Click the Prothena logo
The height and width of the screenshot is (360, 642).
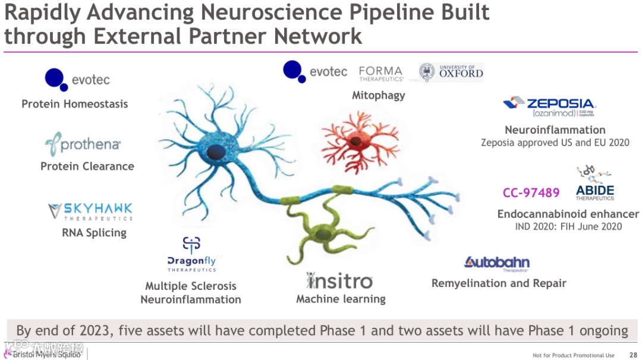click(83, 144)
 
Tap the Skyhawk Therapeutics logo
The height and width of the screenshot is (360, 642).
click(90, 211)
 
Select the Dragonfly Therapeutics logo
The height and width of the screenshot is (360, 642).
click(191, 255)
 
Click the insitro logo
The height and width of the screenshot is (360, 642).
click(339, 280)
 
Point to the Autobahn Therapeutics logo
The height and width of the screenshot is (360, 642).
click(496, 263)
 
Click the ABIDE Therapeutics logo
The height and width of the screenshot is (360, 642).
click(594, 185)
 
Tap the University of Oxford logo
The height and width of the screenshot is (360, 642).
click(451, 72)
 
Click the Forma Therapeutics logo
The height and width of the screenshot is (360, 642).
click(381, 73)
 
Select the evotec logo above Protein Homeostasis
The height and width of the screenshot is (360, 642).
click(77, 79)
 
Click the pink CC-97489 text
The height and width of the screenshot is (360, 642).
click(531, 192)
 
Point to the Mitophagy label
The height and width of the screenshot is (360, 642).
click(378, 95)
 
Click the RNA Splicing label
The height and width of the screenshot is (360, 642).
click(94, 233)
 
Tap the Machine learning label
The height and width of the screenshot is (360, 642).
click(341, 299)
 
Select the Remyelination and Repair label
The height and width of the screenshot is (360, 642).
click(499, 283)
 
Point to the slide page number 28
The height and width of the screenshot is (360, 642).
click(632, 355)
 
